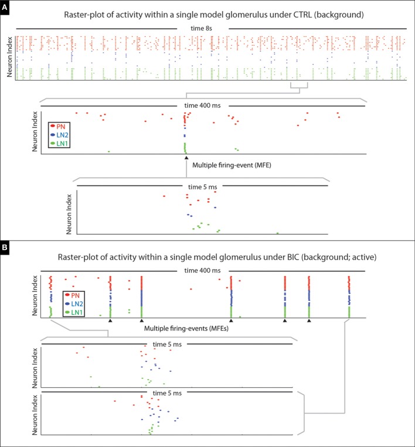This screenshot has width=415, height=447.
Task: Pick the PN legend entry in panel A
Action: [x=60, y=126]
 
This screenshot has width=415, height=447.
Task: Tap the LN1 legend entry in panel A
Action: [x=62, y=143]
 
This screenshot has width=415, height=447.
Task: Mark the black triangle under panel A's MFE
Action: [x=186, y=158]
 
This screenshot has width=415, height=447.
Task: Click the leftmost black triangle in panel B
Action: [x=110, y=320]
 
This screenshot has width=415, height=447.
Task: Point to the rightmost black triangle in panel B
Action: [x=309, y=320]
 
